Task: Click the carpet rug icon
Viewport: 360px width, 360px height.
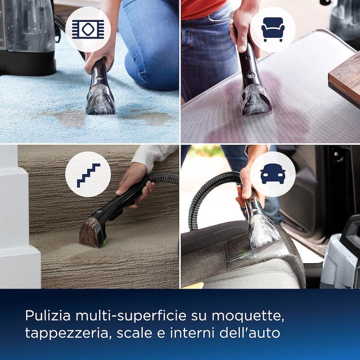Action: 88,29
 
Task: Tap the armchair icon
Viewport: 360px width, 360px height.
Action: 272,29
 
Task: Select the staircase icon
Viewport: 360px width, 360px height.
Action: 88,174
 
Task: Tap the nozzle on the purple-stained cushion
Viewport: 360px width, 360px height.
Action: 256,100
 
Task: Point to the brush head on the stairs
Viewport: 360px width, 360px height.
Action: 92,232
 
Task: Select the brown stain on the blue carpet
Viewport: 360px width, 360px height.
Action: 67,118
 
